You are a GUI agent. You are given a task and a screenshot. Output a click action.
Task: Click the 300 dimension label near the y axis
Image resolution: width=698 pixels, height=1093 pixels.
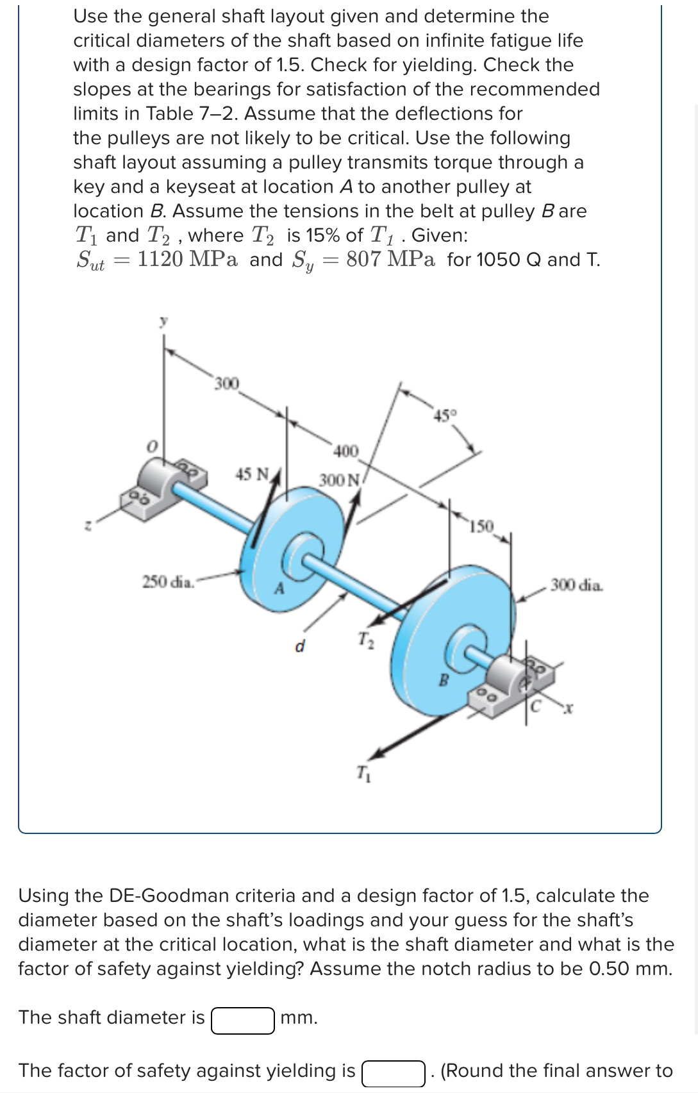click(x=226, y=383)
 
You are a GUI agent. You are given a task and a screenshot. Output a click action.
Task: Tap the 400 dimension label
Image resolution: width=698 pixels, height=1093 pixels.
click(x=346, y=451)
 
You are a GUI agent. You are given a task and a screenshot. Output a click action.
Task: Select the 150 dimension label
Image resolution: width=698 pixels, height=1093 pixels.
click(x=481, y=527)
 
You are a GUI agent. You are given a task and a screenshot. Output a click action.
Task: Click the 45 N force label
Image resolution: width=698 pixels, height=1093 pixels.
click(x=252, y=474)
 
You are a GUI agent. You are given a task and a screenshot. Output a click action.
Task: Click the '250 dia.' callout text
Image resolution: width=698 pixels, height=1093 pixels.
click(x=167, y=582)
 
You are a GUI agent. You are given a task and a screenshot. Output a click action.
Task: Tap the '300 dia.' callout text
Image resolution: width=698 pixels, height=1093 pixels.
click(x=576, y=585)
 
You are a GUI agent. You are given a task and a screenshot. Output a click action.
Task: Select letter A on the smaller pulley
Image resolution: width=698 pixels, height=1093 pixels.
click(x=279, y=588)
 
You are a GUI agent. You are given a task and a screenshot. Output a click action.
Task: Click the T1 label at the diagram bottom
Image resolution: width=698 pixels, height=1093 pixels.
click(x=363, y=773)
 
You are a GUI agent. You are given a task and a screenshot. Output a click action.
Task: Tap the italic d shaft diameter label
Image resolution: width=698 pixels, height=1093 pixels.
click(x=299, y=646)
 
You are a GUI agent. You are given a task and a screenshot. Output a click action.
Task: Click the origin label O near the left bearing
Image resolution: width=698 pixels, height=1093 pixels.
click(x=151, y=445)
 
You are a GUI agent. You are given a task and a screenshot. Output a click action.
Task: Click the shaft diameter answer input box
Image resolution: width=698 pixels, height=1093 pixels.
click(x=243, y=1020)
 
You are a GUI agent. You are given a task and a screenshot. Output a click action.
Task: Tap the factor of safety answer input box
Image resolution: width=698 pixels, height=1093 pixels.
click(x=393, y=1072)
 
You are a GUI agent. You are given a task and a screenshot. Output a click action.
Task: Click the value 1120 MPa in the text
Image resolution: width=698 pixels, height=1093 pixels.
click(x=187, y=260)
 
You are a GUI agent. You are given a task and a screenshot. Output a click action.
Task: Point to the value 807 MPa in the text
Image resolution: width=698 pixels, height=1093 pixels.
click(x=390, y=260)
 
